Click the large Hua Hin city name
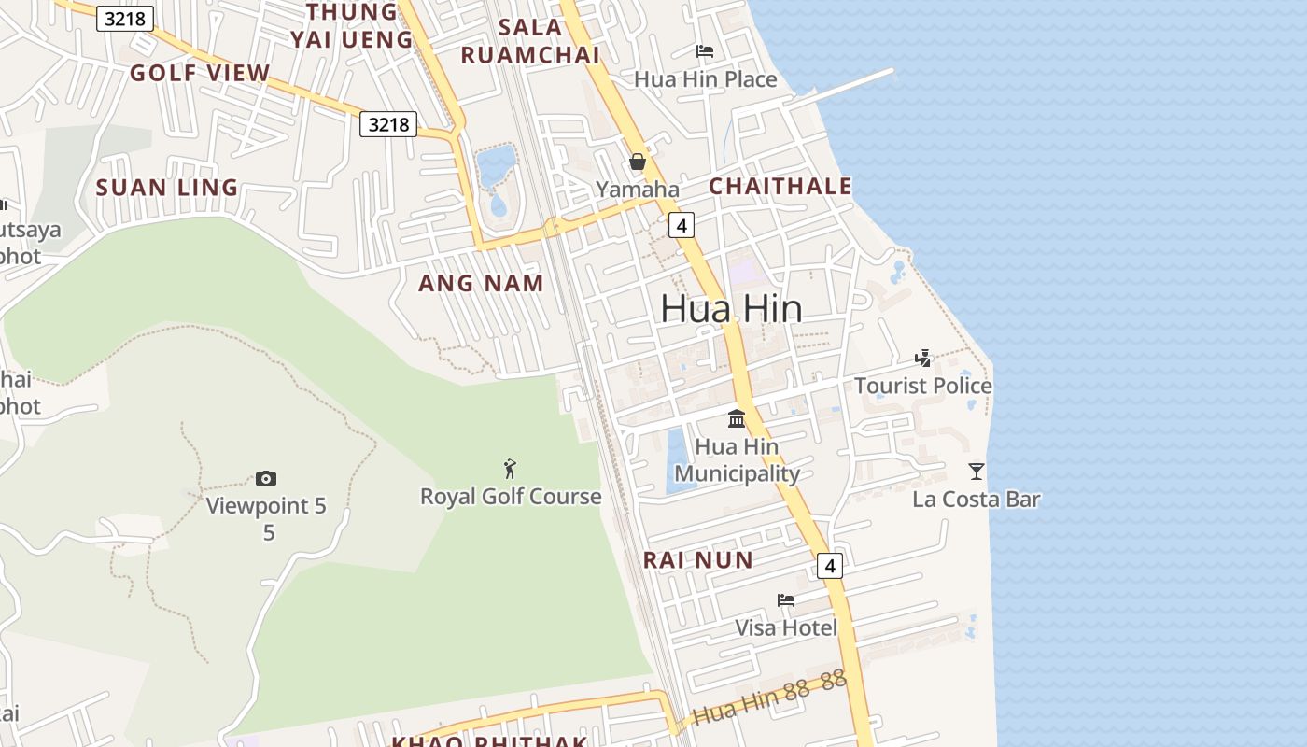tap(731, 308)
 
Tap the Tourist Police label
tap(922, 386)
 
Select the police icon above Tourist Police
tap(923, 358)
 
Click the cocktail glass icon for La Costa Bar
tap(977, 472)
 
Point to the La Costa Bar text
tap(976, 500)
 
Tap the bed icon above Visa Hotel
tap(786, 599)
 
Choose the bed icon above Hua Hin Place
tap(705, 50)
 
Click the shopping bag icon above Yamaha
tap(638, 162)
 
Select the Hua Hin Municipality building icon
tap(737, 418)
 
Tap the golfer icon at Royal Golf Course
tap(510, 469)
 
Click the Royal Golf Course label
tap(511, 497)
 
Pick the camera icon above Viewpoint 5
tap(266, 479)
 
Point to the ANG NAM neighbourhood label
tap(481, 283)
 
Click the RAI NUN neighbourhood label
tap(697, 560)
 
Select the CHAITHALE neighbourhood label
tap(780, 186)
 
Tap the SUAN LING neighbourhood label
tap(167, 188)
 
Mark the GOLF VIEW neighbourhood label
tap(200, 73)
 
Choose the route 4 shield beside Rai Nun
tap(829, 565)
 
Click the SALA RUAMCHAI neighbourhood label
tap(529, 41)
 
